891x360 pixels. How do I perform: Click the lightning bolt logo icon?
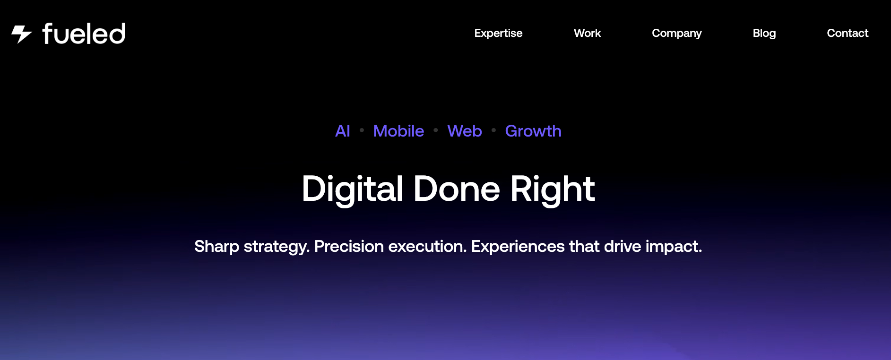pos(22,34)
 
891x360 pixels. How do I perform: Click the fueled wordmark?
pos(84,34)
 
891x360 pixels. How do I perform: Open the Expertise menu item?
pos(498,34)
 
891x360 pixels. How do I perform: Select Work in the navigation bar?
pos(587,33)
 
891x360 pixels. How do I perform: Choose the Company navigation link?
pos(677,34)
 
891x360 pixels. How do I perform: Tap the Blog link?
pos(764,34)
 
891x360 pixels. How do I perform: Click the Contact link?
pos(848,33)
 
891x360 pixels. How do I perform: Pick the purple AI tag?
pos(343,131)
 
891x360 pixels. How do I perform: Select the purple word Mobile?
pos(398,131)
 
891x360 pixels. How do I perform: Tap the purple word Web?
pos(465,131)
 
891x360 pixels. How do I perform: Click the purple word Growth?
pos(533,131)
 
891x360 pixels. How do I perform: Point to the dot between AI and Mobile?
pos(362,130)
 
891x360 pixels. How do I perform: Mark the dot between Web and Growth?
pos(493,130)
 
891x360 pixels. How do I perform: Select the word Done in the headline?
pos(457,189)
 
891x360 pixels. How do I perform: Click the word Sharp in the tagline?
pos(217,247)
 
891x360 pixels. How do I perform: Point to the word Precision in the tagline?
pos(349,246)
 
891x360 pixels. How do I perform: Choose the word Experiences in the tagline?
pos(518,247)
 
